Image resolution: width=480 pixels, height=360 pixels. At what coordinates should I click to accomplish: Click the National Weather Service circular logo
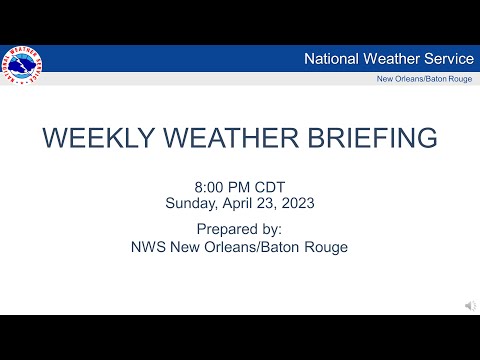(x=23, y=65)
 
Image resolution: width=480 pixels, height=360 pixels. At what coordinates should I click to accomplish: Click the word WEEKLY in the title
(x=100, y=137)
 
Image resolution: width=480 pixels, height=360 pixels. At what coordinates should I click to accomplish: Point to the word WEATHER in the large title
(x=238, y=137)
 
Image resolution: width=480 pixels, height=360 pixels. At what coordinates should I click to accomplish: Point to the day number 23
(x=267, y=202)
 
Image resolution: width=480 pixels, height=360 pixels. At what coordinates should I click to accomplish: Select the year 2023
(x=298, y=202)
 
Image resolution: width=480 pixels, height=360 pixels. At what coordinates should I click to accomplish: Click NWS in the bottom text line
(x=149, y=246)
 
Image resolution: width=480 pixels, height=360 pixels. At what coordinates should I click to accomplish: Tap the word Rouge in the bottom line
(x=325, y=246)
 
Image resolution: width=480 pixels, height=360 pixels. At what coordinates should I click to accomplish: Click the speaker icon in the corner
(x=469, y=304)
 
